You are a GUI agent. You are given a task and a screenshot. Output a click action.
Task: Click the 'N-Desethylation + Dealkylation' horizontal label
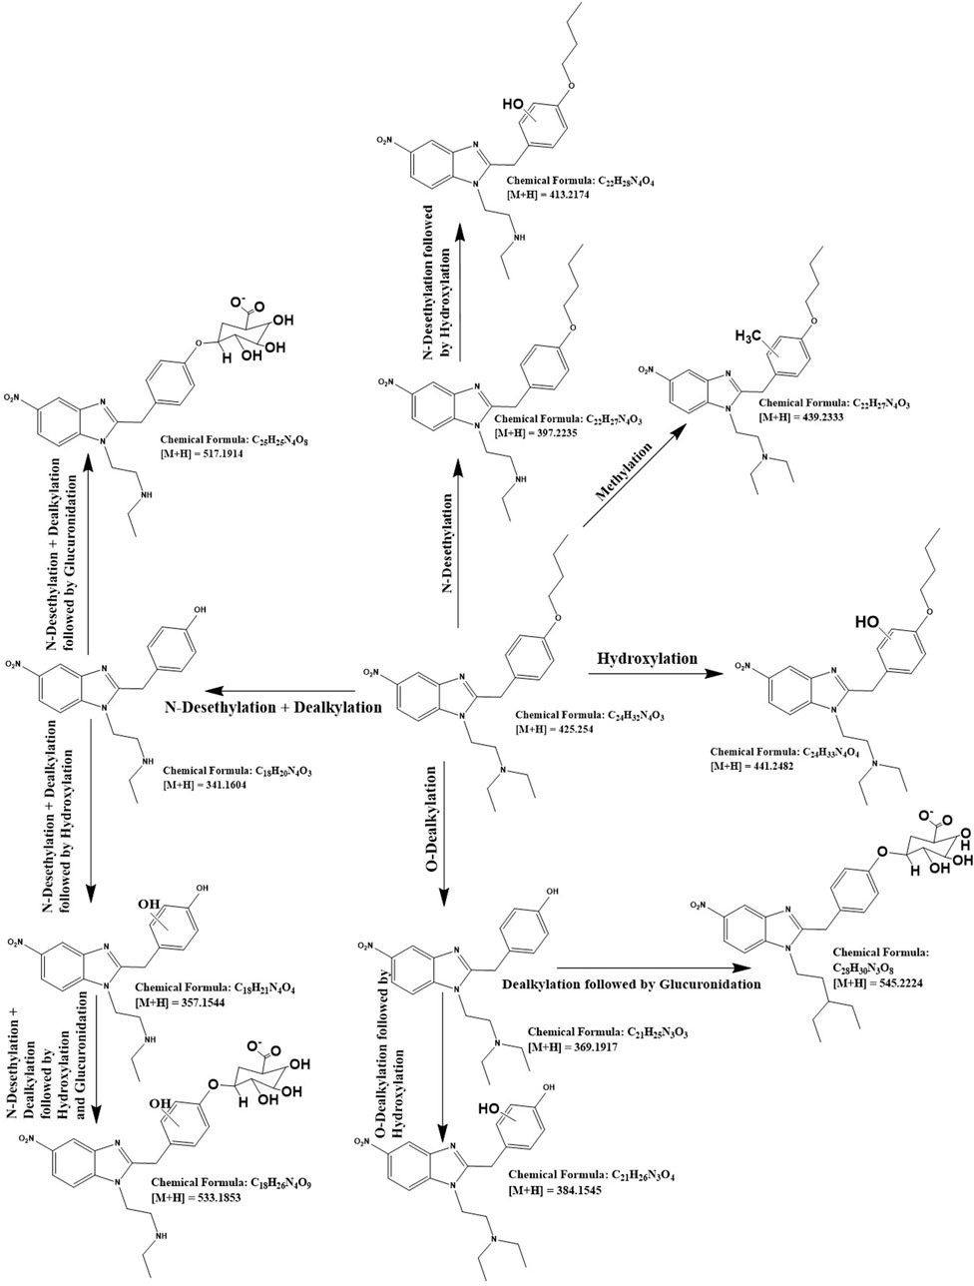coord(273,707)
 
